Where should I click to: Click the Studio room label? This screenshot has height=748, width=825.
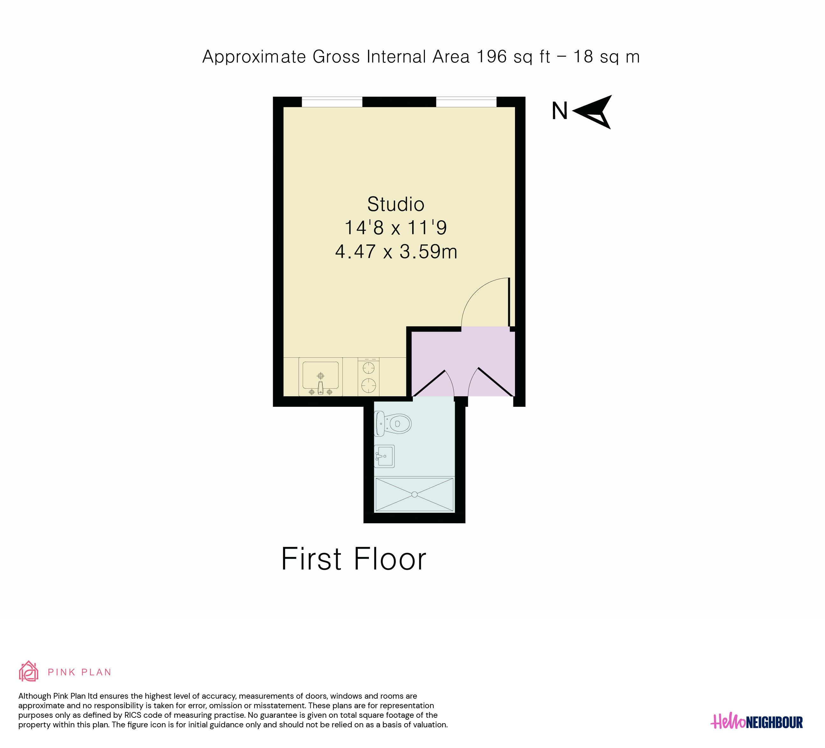tap(396, 204)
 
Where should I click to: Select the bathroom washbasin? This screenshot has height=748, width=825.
tap(384, 456)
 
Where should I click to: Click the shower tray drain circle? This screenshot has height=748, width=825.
tap(414, 494)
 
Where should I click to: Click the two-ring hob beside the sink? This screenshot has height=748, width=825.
tap(368, 377)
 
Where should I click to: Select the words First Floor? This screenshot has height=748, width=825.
tap(354, 559)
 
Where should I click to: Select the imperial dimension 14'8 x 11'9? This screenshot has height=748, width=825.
tap(396, 228)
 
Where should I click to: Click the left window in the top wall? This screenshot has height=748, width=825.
tap(332, 102)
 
